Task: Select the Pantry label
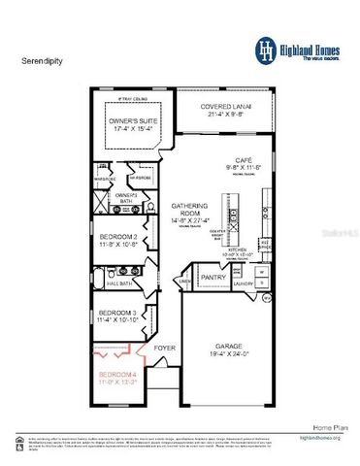pyautogui.click(x=213, y=276)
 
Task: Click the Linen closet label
pyautogui.click(x=185, y=282)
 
